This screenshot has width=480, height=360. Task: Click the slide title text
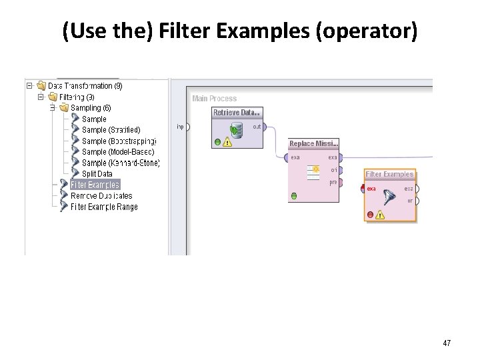(240, 31)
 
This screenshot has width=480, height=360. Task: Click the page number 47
(447, 343)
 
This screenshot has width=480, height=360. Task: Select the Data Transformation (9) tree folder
(85, 86)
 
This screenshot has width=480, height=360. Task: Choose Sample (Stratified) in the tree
(111, 130)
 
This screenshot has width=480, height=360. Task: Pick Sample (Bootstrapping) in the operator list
(119, 141)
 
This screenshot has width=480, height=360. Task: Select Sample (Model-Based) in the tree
(117, 152)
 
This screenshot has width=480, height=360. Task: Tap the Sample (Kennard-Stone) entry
(120, 163)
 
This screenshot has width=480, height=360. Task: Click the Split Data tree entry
(97, 174)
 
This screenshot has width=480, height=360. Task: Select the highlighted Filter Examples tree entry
(95, 185)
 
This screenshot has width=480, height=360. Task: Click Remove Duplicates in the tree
(101, 196)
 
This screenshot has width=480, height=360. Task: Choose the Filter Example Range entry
(103, 207)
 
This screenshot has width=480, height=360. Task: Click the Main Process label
(214, 99)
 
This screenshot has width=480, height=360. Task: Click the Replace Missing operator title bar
(313, 144)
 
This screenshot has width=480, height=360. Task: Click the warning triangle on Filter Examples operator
(380, 215)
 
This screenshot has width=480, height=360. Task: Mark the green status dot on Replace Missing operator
(294, 196)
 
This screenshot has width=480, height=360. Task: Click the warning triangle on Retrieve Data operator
(228, 141)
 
